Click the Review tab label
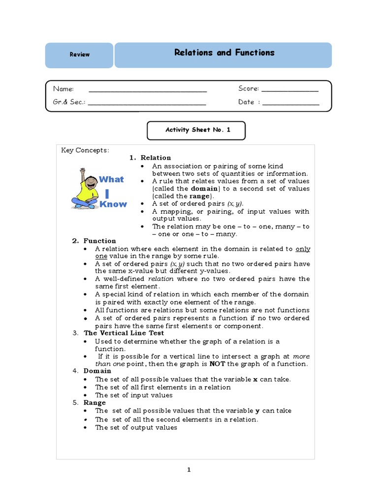pyautogui.click(x=79, y=55)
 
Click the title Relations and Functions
pyautogui.click(x=224, y=53)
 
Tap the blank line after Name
pyautogui.click(x=148, y=91)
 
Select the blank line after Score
pyautogui.click(x=290, y=91)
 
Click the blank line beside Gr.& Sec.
pyautogui.click(x=147, y=104)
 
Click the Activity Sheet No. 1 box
pyautogui.click(x=196, y=130)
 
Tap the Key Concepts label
pyautogui.click(x=85, y=150)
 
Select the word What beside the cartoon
pyautogui.click(x=112, y=179)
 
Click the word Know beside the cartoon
pyautogui.click(x=113, y=204)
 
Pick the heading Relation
pyautogui.click(x=156, y=158)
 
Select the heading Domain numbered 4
pyautogui.click(x=97, y=371)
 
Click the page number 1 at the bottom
pyautogui.click(x=189, y=470)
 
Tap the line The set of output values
pyautogui.click(x=136, y=427)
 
